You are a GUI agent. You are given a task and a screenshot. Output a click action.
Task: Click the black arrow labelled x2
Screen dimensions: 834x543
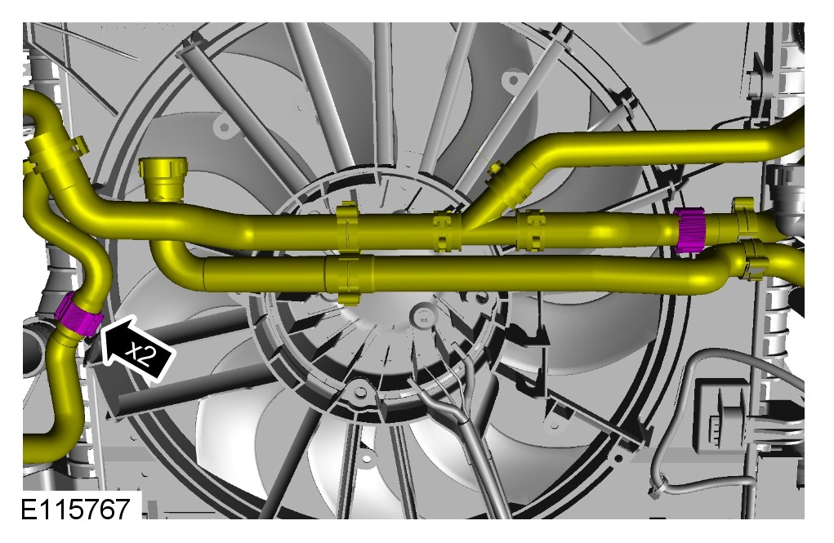[x=136, y=349]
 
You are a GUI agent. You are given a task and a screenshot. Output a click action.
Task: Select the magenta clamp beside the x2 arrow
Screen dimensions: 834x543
[x=78, y=314]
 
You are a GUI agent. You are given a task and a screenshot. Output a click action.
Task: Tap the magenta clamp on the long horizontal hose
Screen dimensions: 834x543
[x=690, y=229]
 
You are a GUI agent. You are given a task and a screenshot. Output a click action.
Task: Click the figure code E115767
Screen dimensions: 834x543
[x=75, y=509]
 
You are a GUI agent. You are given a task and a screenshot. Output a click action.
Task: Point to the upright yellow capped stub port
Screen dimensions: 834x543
[x=163, y=178]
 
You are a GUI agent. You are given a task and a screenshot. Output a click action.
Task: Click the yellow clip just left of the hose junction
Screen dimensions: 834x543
[x=446, y=230]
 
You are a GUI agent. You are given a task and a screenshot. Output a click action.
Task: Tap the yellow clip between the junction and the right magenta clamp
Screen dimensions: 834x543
[x=530, y=229]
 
